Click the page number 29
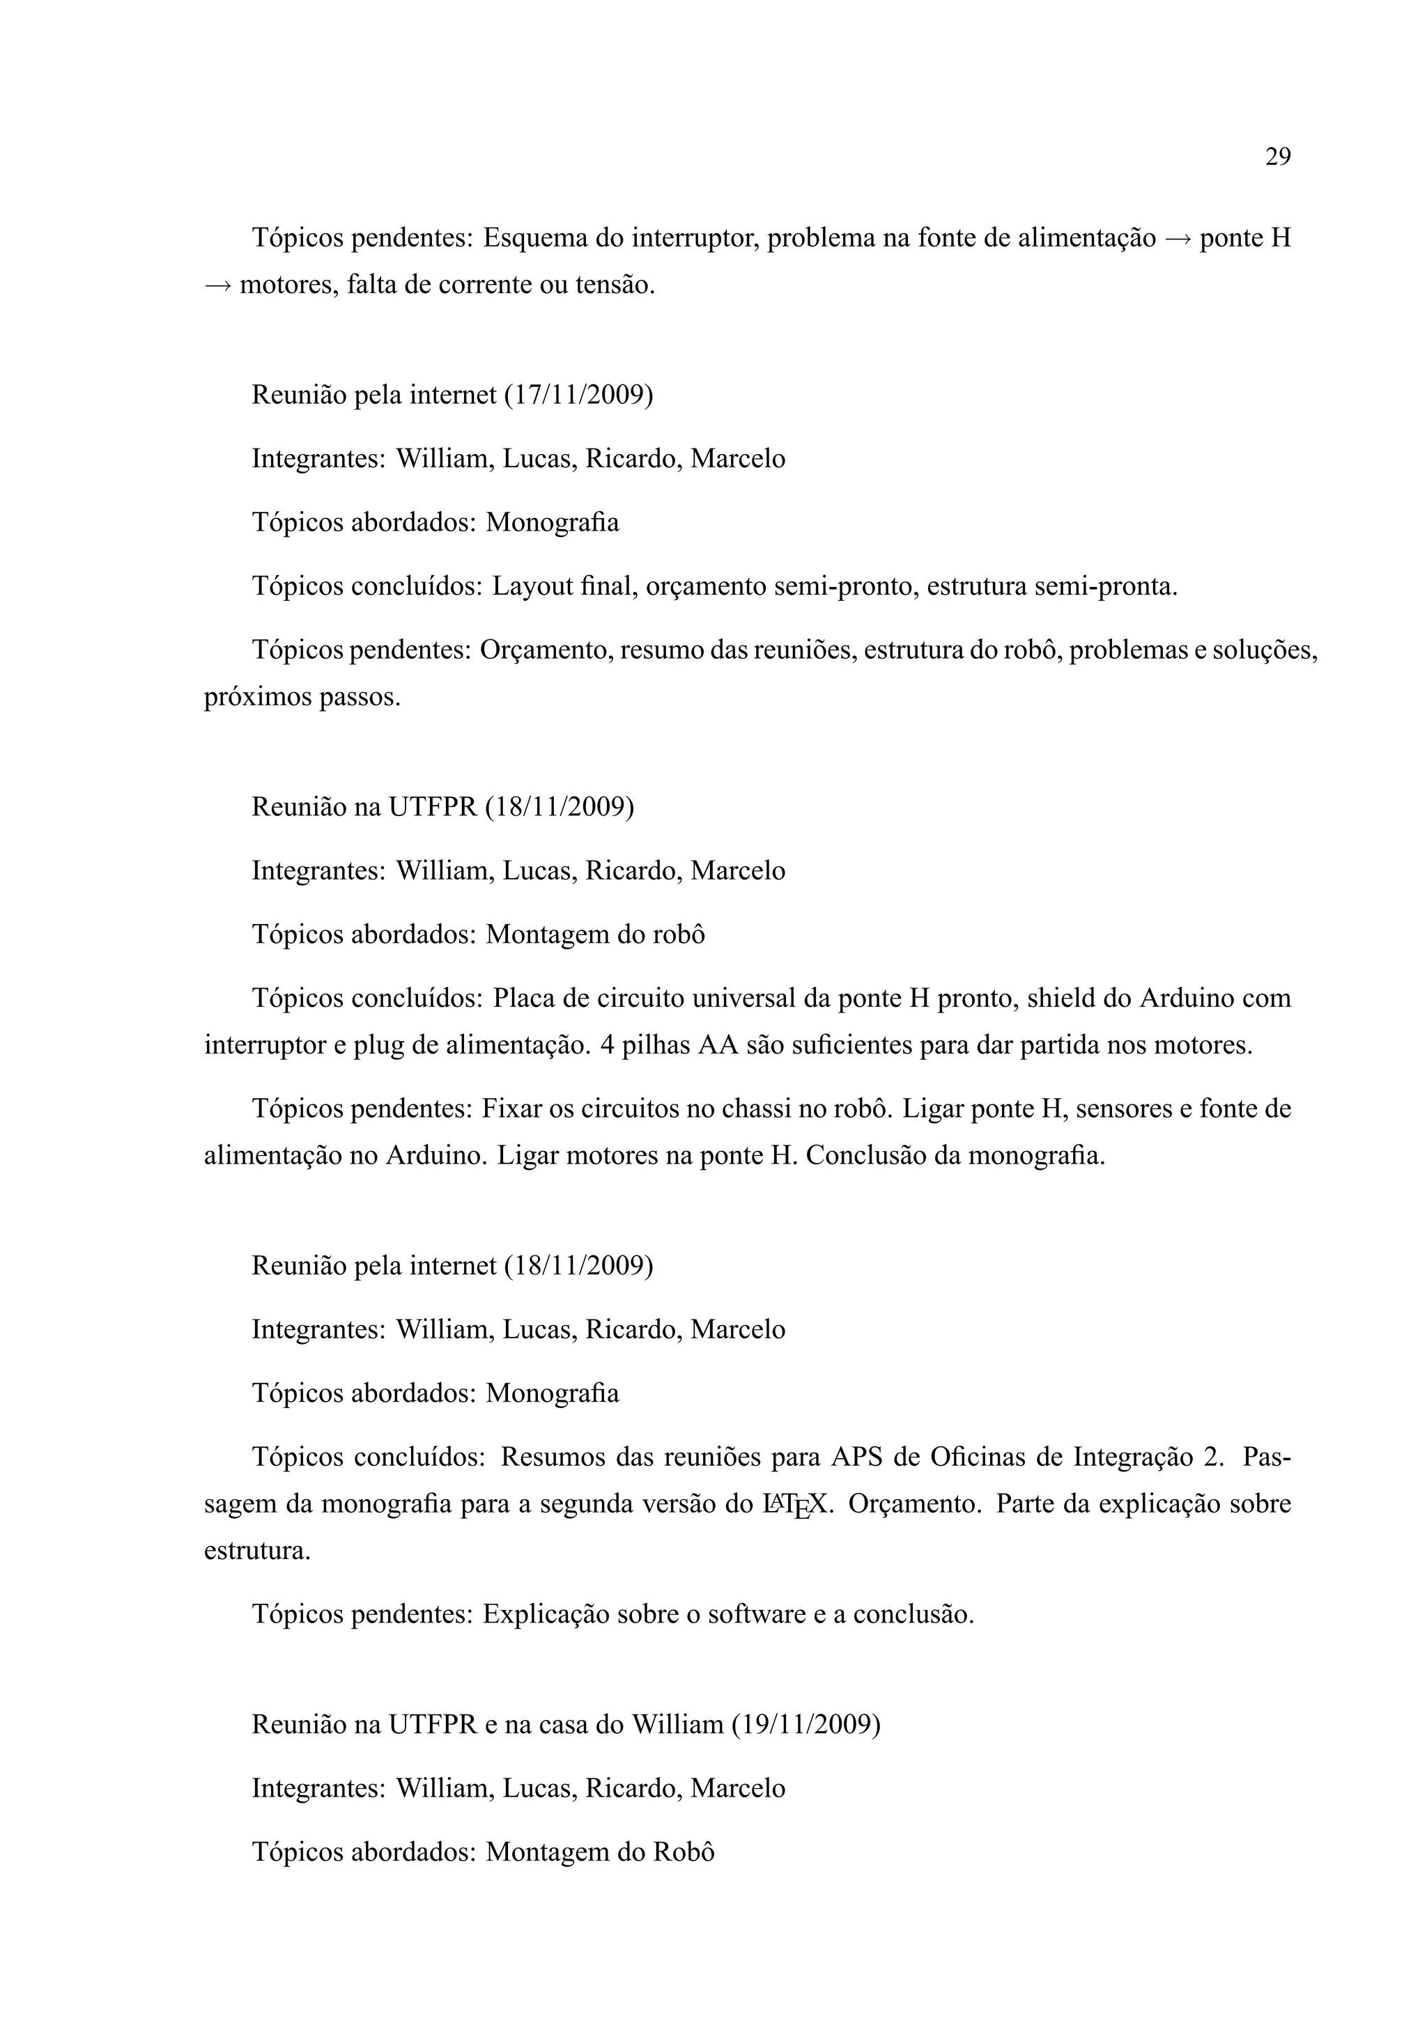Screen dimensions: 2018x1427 1277,157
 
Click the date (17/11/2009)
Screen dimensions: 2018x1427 578,396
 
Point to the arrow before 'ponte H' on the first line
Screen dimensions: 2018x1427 1178,238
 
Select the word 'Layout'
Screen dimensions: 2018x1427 532,586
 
